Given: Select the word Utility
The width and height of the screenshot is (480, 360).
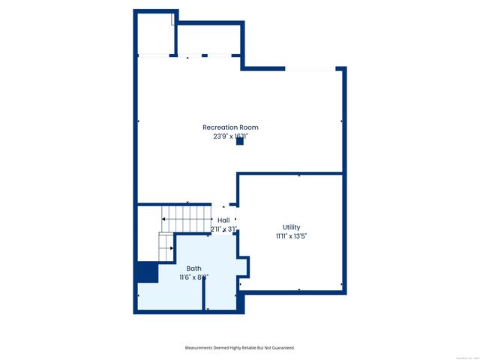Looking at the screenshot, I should pos(291,226).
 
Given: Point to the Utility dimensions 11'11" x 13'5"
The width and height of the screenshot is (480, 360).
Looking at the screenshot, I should pos(291,235).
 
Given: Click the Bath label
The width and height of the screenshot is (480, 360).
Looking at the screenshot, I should pos(193,268).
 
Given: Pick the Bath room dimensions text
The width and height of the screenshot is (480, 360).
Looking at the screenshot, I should pos(193,277).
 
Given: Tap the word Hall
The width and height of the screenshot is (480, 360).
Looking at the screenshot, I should pos(223,220).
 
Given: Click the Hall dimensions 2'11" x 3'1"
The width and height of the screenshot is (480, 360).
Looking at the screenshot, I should pos(223,229).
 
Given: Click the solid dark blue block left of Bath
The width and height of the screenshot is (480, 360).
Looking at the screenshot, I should pos(148,271).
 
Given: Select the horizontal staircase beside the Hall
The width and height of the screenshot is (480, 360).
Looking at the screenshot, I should pos(188,218).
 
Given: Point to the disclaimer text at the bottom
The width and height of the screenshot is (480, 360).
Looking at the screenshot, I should pos(240,347).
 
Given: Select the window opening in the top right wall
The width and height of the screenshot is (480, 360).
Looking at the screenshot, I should pos(310,69).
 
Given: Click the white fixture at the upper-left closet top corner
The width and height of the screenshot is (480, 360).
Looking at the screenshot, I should pos(173,18).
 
